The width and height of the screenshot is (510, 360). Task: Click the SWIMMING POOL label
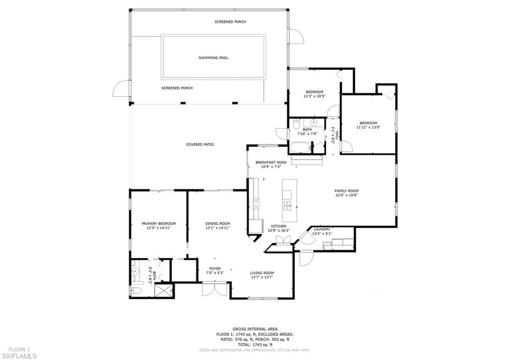point(213,58)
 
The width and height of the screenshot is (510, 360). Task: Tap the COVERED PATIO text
point(200,144)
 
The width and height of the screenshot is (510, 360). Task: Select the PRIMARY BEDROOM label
point(158,224)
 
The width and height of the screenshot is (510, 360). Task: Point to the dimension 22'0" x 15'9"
point(346,195)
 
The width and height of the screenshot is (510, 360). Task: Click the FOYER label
point(215,268)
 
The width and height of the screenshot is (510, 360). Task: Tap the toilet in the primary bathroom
point(136,290)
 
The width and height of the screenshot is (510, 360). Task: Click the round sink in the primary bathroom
point(135,271)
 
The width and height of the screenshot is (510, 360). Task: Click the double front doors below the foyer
point(216,289)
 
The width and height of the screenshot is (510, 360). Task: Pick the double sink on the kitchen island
point(288,205)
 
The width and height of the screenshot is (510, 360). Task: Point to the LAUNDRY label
point(322,229)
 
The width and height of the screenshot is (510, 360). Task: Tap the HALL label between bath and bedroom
point(337,135)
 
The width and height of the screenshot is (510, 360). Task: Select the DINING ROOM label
point(218,224)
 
